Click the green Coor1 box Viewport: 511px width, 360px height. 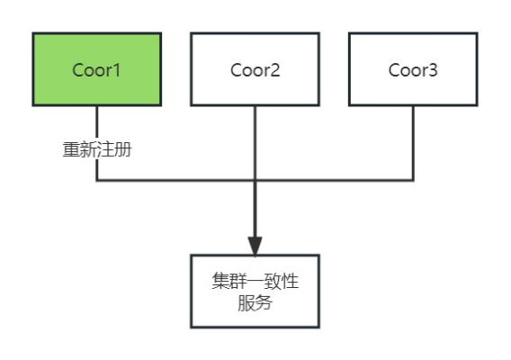[x=96, y=69]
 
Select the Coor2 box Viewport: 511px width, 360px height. [x=255, y=69]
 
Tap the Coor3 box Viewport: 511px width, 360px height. [x=413, y=69]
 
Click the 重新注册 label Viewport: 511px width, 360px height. [x=97, y=149]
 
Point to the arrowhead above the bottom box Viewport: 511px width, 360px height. [x=255, y=244]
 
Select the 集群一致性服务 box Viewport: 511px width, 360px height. [x=255, y=291]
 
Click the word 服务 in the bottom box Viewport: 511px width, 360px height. [x=255, y=303]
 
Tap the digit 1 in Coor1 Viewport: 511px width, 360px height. [x=117, y=69]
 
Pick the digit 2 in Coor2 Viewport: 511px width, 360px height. [x=275, y=69]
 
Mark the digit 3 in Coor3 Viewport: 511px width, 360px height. [x=434, y=69]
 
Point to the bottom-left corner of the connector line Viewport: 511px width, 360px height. [x=96, y=180]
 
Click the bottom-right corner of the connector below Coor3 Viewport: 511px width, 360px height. [x=414, y=180]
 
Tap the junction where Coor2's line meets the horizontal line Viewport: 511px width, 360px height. [x=255, y=180]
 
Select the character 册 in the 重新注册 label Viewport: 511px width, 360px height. [x=123, y=149]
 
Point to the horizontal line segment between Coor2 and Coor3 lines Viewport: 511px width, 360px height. [x=335, y=180]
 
